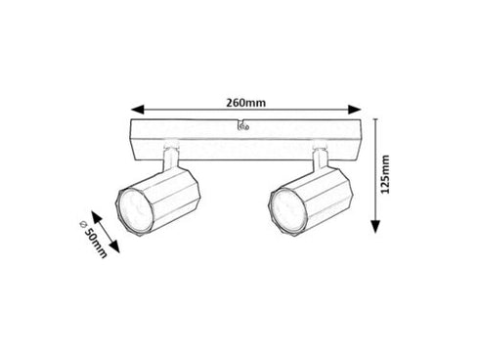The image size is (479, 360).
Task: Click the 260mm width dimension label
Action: (246, 103)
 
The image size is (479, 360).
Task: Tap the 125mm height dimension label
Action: (385, 174)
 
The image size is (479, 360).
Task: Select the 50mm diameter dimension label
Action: (96, 242)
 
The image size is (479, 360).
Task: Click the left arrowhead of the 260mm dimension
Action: (137, 110)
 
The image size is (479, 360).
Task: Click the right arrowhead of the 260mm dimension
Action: (355, 110)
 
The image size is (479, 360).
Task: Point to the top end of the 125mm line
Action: (376, 118)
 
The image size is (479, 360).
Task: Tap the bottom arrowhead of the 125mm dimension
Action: (376, 227)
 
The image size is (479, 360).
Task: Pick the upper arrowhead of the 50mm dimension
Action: (97, 216)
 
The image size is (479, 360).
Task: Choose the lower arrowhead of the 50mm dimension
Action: (114, 247)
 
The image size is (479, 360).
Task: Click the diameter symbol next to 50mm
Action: (83, 224)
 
